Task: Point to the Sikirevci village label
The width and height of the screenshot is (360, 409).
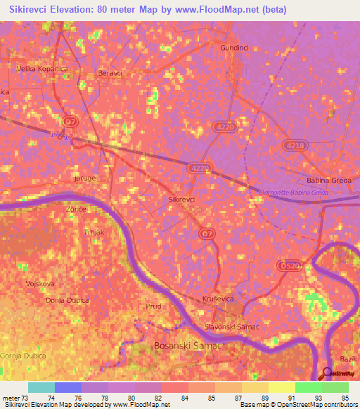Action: (x=182, y=200)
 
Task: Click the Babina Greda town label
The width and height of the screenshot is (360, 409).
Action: (x=329, y=181)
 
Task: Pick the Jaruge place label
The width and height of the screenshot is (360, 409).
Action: (x=84, y=178)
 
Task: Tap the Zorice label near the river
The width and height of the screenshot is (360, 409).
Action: (x=76, y=209)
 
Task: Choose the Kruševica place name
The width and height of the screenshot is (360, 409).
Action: (x=218, y=299)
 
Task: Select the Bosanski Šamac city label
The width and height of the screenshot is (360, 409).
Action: (x=188, y=346)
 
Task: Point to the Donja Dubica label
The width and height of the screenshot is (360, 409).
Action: (x=67, y=301)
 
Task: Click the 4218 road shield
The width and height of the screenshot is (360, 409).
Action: (x=295, y=145)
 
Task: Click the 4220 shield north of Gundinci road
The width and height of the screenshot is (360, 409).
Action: (x=223, y=126)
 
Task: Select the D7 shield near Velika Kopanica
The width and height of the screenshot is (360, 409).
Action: (x=69, y=121)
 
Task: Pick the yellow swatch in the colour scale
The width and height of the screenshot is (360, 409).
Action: (x=282, y=387)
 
